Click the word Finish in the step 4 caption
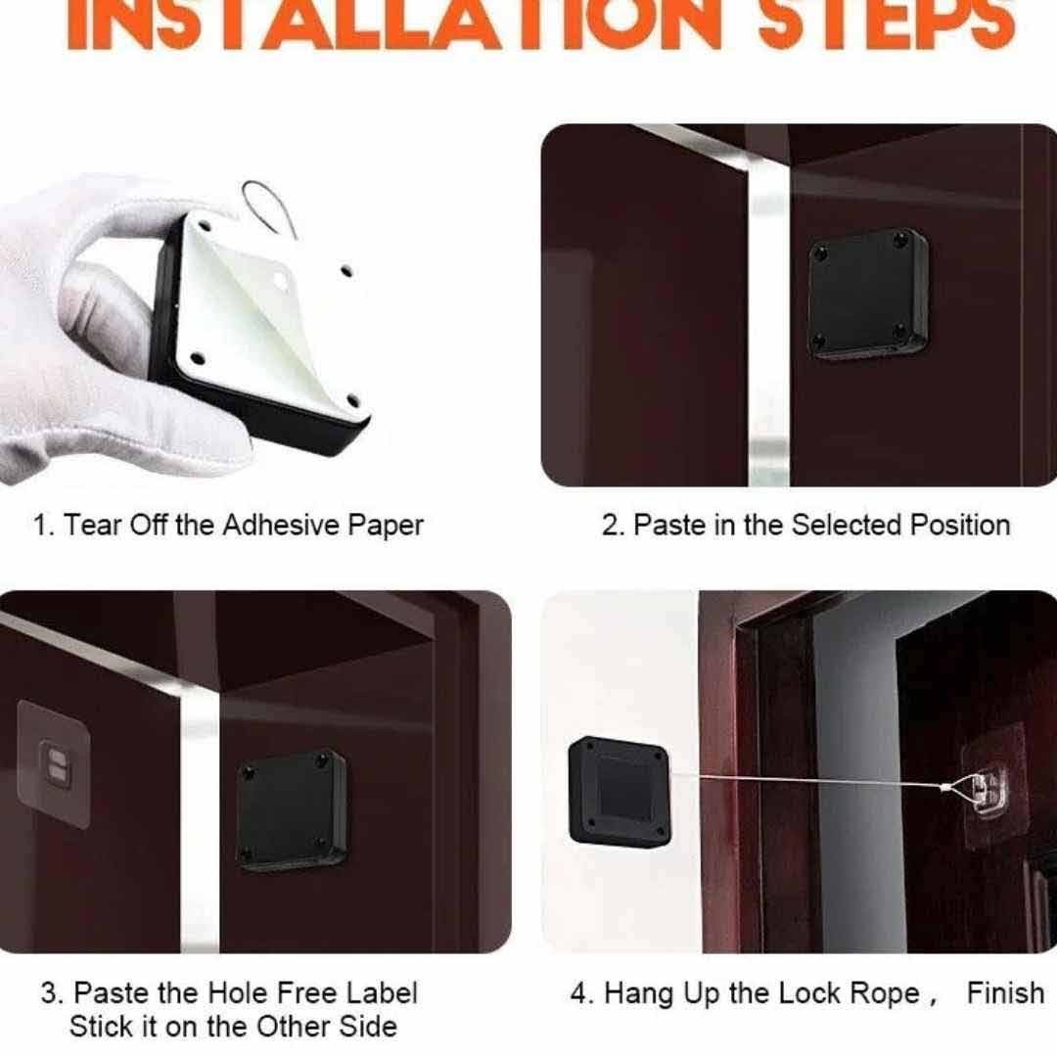pos(1005,993)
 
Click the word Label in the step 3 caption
pos(382,993)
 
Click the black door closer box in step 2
pos(868,293)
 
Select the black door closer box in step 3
pos(292,809)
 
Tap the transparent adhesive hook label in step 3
pos(53,762)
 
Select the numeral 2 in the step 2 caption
pos(610,526)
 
